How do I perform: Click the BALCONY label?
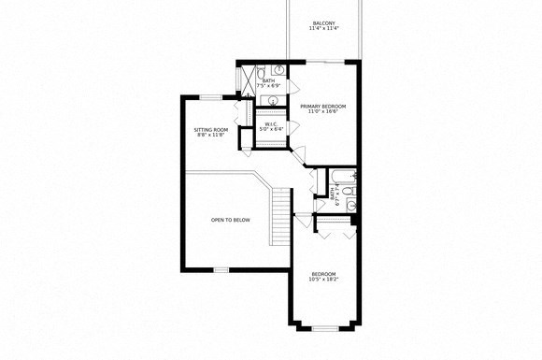click(x=323, y=22)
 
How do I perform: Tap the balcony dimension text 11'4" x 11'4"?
click(x=323, y=29)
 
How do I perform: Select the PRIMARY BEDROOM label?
click(x=323, y=107)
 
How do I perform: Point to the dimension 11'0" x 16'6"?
click(x=323, y=113)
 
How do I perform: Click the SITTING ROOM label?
click(x=210, y=129)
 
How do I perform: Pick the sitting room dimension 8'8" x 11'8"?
click(x=210, y=136)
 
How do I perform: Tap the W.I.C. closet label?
click(x=269, y=123)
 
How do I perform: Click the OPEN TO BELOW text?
click(x=230, y=220)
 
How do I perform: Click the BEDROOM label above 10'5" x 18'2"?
click(x=323, y=273)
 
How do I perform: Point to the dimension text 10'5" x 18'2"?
click(x=323, y=280)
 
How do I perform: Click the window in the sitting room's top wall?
click(x=212, y=97)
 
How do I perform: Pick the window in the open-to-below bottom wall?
click(x=221, y=269)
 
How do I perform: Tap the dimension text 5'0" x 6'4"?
click(x=269, y=130)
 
